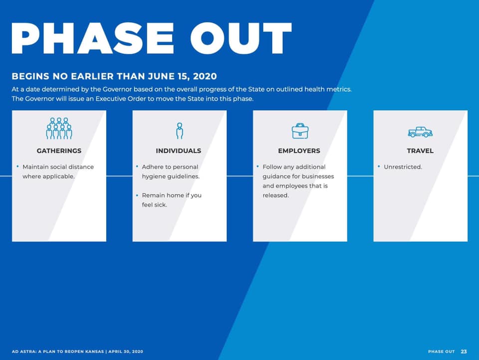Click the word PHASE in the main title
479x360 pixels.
(x=93, y=38)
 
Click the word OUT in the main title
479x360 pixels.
(x=241, y=38)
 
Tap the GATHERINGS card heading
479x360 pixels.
(x=59, y=151)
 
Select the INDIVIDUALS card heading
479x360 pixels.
(x=179, y=151)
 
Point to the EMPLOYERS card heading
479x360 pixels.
(x=299, y=151)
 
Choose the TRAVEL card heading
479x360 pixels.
(x=420, y=151)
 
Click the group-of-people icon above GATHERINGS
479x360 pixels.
(x=59, y=128)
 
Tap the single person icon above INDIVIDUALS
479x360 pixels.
(x=180, y=131)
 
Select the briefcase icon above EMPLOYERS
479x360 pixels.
(x=300, y=131)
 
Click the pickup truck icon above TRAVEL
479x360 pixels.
(x=420, y=132)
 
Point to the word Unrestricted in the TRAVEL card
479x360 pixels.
(x=403, y=167)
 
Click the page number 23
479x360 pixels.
(x=464, y=352)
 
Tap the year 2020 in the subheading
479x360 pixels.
(x=205, y=76)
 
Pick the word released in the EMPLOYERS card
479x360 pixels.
(x=275, y=195)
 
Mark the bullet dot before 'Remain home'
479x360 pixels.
(x=137, y=195)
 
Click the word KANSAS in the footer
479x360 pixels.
(x=94, y=352)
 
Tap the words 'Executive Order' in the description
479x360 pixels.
(x=121, y=99)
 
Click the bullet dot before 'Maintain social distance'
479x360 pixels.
(x=18, y=167)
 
